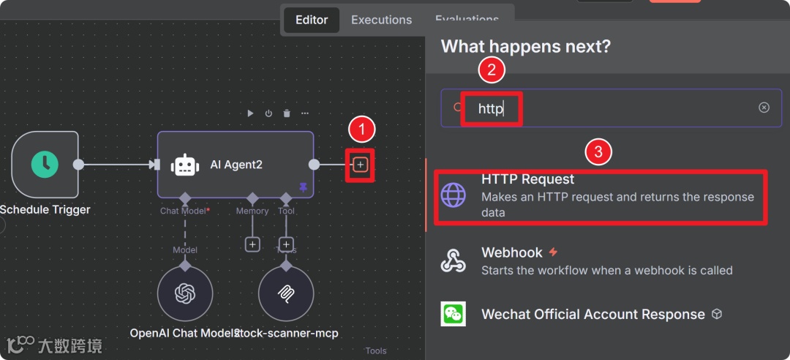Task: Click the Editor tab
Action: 312,20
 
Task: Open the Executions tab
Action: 381,20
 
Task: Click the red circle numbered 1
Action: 361,130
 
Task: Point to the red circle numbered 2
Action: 492,70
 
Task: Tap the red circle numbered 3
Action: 598,152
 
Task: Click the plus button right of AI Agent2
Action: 360,165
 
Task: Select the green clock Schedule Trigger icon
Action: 45,165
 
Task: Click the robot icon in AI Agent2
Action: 185,165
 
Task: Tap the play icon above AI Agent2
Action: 250,113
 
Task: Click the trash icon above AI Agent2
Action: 287,113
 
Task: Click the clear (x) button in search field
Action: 764,108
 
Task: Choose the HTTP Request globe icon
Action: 454,195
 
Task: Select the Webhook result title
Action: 512,252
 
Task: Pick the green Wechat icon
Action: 454,314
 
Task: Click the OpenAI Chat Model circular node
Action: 185,294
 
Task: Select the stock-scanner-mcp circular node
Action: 286,294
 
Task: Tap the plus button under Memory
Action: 252,244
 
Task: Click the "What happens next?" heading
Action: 526,47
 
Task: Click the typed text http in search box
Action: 491,109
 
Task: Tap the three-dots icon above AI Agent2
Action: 304,113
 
